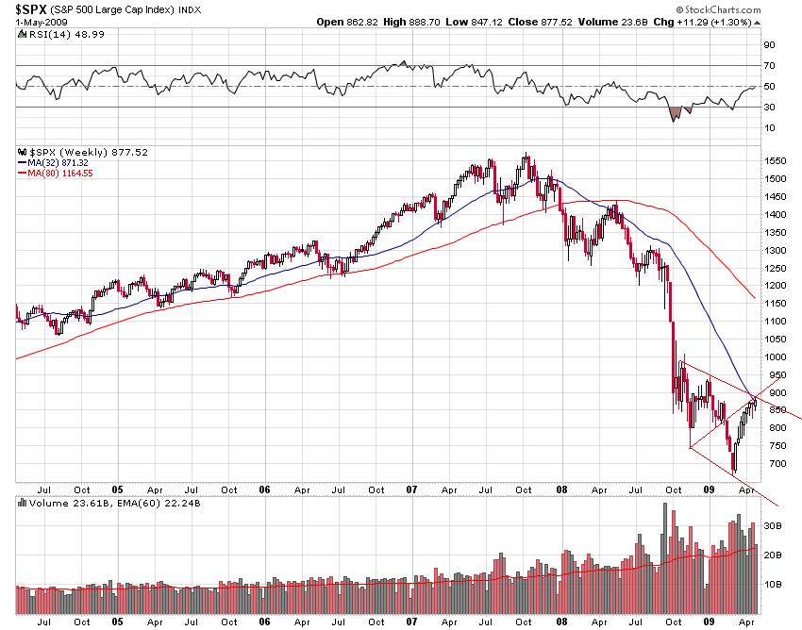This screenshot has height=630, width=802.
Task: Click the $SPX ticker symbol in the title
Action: click(34, 8)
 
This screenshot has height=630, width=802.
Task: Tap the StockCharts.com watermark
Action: click(755, 8)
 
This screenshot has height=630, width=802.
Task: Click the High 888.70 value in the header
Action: click(411, 22)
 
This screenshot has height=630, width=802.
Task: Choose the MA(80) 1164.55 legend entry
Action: click(61, 172)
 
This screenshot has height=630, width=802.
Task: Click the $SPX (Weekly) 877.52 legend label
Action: click(82, 152)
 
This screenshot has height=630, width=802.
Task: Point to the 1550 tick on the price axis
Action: click(776, 162)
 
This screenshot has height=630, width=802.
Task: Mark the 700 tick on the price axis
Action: click(772, 464)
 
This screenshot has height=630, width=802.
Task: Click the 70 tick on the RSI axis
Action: click(769, 66)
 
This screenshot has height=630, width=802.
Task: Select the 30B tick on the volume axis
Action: click(773, 526)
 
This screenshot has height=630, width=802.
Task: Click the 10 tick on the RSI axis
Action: click(769, 128)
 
